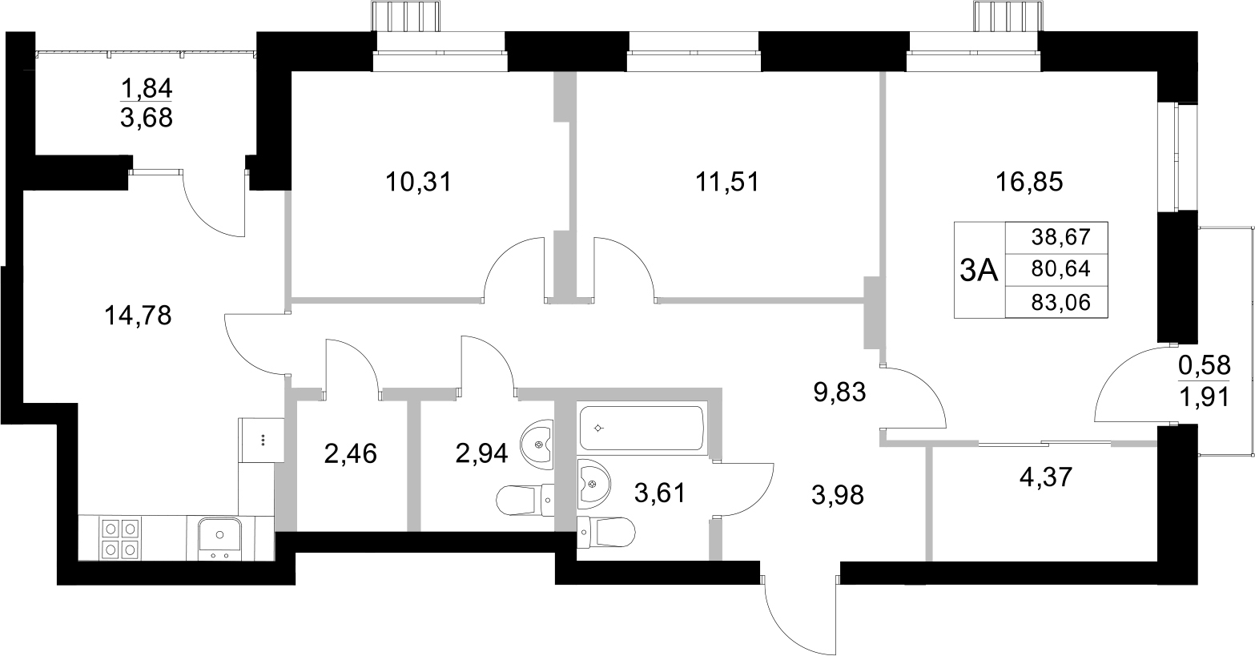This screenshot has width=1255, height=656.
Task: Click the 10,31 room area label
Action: coord(419,183)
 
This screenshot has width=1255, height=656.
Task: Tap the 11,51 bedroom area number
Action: coord(726,183)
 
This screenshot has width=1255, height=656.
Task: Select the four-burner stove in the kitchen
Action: coord(119,538)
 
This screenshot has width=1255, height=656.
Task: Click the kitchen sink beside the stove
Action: coord(219,538)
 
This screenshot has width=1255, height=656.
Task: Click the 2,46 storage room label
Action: coord(351,454)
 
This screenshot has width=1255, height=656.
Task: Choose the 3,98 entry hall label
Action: coord(838,496)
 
